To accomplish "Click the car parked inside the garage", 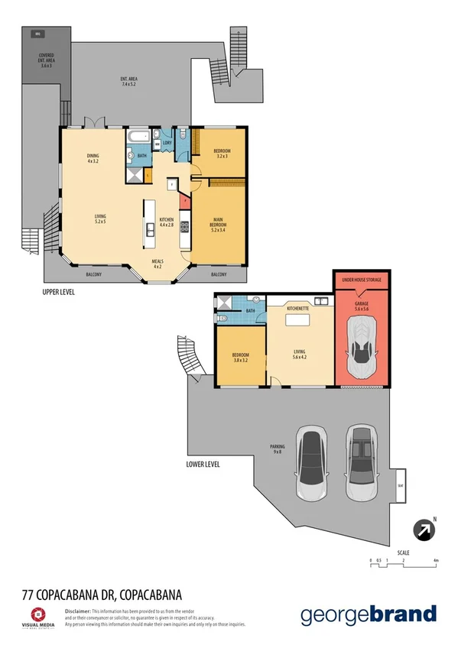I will coord(362,348).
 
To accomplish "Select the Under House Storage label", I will coord(362,280).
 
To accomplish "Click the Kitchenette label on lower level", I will coord(297,308).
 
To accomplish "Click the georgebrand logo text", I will coord(368,614).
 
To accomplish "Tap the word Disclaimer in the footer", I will coord(78,612).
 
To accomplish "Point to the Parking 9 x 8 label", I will coord(277,449).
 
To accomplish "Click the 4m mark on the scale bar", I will coord(436,561).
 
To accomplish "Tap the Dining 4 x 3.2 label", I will coord(94,159).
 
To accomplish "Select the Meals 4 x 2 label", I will coord(158,264).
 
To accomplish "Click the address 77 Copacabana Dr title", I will coord(100,593).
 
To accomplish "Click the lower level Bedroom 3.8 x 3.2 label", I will coord(239,357).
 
